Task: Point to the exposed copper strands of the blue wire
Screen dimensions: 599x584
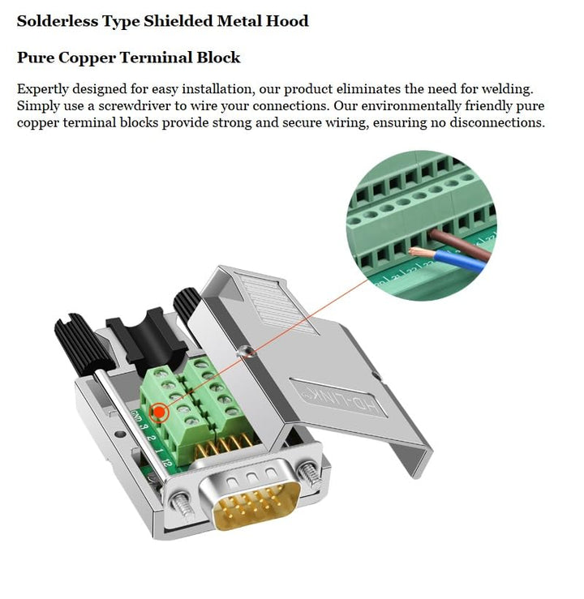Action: (x=423, y=252)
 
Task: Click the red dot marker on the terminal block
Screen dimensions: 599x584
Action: (x=160, y=413)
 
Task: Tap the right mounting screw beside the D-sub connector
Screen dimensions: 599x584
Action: (x=307, y=473)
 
